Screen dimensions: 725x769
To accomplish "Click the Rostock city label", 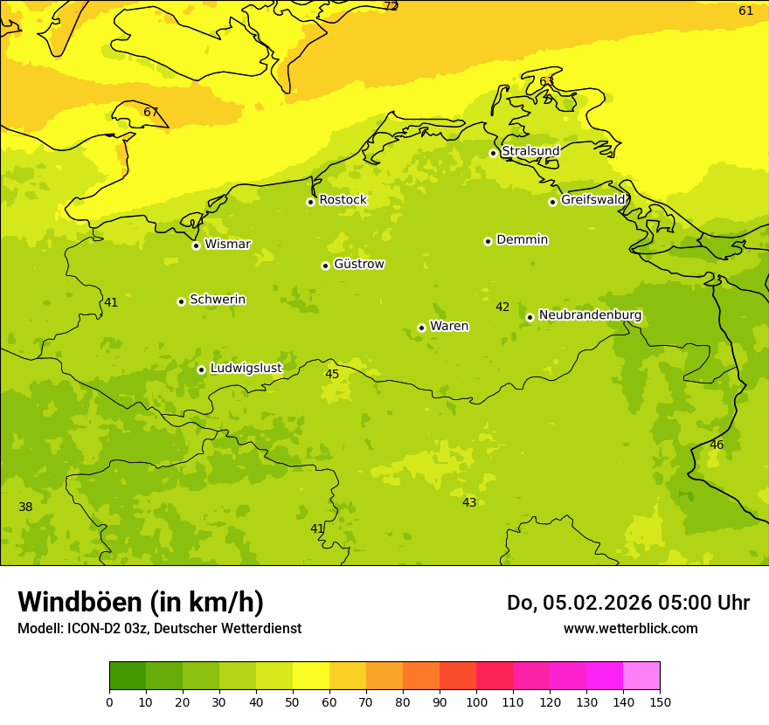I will (x=343, y=200).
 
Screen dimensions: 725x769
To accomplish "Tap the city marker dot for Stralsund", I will (x=493, y=153).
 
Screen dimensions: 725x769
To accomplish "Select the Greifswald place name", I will (x=592, y=200).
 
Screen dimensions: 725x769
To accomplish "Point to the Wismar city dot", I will (x=196, y=245).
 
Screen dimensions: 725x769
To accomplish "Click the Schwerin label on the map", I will (x=217, y=300).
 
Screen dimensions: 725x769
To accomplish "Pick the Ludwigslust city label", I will (x=246, y=369).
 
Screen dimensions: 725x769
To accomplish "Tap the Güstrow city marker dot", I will (x=325, y=266).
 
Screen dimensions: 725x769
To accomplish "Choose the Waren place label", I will (x=448, y=327).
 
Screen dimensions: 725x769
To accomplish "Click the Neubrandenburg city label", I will (x=590, y=315).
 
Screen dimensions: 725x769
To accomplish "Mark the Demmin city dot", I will (x=488, y=241).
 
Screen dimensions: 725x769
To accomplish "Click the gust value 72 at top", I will (x=391, y=7).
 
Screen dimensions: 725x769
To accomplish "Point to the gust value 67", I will (x=151, y=112).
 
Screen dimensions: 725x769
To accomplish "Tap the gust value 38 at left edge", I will (x=25, y=507).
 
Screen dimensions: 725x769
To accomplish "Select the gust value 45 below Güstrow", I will (x=332, y=375).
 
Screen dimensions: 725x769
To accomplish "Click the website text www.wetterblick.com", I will (x=630, y=629).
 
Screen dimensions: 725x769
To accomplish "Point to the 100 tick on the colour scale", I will (x=476, y=701).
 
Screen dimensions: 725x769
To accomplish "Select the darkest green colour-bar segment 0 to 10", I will (x=128, y=676).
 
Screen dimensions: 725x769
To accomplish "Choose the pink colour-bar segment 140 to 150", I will (x=641, y=676).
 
